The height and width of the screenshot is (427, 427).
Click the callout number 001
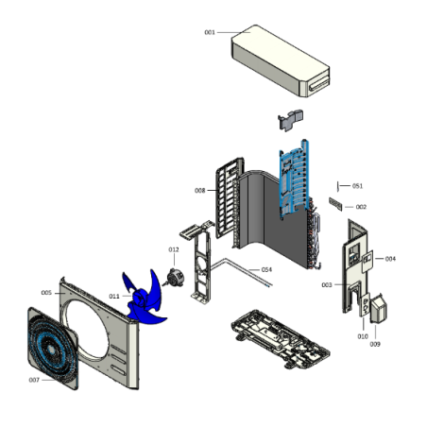[210, 32]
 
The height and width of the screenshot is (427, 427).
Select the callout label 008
[200, 191]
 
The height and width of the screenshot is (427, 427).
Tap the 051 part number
[357, 186]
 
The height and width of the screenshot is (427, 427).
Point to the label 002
[361, 207]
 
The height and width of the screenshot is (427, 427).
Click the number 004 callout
[390, 259]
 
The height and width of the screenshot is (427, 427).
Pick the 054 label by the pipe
[266, 270]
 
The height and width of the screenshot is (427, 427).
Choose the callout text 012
[174, 249]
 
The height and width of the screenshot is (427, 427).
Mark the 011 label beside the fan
[114, 297]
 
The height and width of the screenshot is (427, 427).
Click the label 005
[46, 293]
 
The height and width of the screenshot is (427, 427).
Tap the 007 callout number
[34, 380]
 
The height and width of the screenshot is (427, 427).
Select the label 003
[327, 285]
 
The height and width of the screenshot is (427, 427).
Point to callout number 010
[363, 336]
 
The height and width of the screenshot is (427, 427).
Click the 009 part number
[375, 345]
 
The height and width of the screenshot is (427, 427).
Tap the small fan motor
[174, 278]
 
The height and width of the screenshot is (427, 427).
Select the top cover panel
[281, 60]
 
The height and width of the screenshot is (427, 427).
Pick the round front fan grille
[53, 349]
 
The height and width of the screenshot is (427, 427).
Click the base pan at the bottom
[281, 339]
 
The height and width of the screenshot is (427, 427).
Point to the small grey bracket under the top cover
[290, 120]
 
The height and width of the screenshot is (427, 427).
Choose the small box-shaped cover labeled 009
[378, 309]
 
